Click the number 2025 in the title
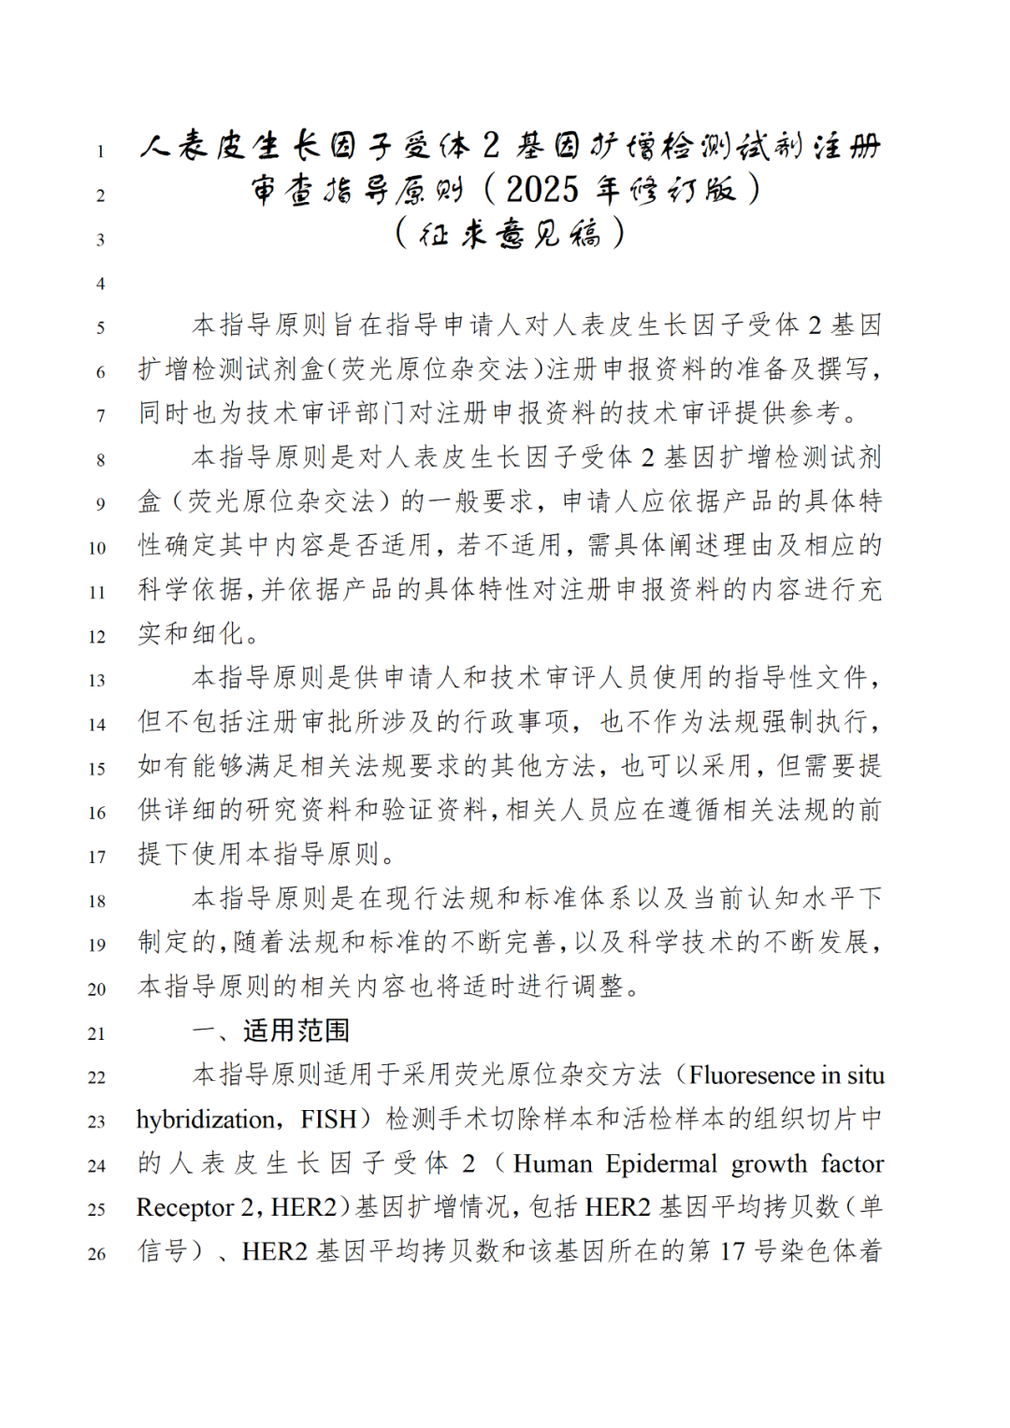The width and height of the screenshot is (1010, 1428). (541, 190)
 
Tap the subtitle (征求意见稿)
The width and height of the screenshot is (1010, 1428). (510, 233)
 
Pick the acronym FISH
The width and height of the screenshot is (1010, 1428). (329, 1119)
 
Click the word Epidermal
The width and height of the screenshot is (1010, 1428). (661, 1163)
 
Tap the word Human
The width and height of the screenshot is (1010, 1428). (553, 1163)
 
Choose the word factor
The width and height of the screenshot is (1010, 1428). (852, 1163)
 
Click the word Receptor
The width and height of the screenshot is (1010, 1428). (183, 1207)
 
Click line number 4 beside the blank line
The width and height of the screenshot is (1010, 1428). (100, 283)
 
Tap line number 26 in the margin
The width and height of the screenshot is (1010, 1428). (97, 1253)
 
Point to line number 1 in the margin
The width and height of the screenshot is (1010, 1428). (100, 151)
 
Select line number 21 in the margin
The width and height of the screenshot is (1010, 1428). (97, 1033)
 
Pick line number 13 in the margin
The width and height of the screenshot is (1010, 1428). (97, 681)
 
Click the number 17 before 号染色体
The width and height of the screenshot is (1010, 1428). (732, 1251)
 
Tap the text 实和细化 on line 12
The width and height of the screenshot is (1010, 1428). (192, 634)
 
